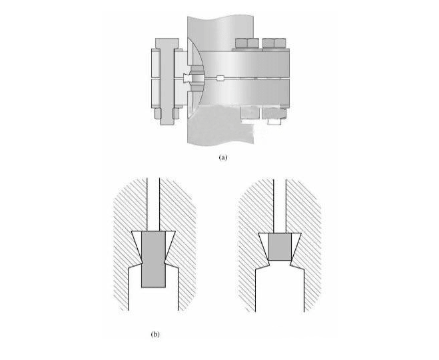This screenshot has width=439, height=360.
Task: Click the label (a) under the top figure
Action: tap(223, 157)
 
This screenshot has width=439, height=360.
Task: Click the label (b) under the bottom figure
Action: tap(155, 334)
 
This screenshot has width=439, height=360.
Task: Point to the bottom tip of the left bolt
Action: tap(167, 125)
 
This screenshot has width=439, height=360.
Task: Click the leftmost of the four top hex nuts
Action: tap(241, 43)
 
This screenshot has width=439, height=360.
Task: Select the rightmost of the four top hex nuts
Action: tap(280, 43)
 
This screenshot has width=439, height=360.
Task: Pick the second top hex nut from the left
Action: tap(253, 43)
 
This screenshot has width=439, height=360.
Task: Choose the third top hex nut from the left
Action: tap(268, 43)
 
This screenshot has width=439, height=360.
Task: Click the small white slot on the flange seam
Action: tap(221, 78)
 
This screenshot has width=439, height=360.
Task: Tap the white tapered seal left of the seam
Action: tap(186, 79)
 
